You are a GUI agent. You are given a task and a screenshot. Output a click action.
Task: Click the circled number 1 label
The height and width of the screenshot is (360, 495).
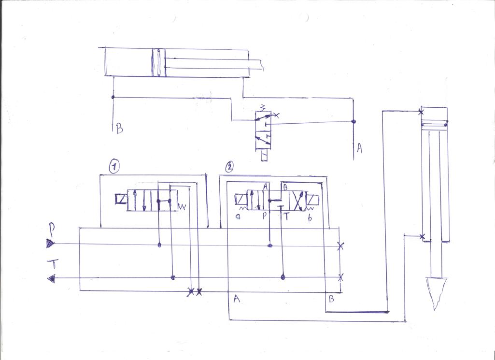[x=113, y=167]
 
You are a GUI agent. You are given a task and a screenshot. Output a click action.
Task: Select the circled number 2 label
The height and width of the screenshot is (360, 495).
[x=230, y=167]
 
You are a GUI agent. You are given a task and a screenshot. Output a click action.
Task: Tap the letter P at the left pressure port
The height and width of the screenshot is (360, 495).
[x=52, y=228]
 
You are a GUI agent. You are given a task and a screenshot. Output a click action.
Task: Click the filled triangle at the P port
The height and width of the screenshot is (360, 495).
[x=50, y=244]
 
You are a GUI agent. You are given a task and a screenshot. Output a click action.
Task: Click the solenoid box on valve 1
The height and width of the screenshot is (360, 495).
[x=120, y=199]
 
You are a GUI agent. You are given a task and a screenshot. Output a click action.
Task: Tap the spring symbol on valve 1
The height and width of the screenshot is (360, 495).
[x=183, y=207]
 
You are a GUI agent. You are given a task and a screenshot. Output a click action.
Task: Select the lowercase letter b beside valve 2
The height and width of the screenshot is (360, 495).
[x=309, y=216]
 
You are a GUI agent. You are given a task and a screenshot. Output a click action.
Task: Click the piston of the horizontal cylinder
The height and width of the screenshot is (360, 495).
[x=157, y=62]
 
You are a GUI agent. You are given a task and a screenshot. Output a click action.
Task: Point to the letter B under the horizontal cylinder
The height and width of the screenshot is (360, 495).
[x=119, y=129]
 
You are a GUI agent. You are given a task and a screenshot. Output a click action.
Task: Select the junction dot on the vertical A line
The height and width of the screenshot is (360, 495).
[x=354, y=121]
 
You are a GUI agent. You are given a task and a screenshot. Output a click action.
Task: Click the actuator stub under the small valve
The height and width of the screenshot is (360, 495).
[x=264, y=156]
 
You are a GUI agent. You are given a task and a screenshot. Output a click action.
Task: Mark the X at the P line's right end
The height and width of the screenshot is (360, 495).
[x=340, y=246]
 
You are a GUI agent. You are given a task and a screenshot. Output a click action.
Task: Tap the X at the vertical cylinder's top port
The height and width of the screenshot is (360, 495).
[x=421, y=112]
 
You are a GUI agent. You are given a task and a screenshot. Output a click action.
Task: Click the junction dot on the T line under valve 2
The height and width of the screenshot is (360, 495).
[x=283, y=277]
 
